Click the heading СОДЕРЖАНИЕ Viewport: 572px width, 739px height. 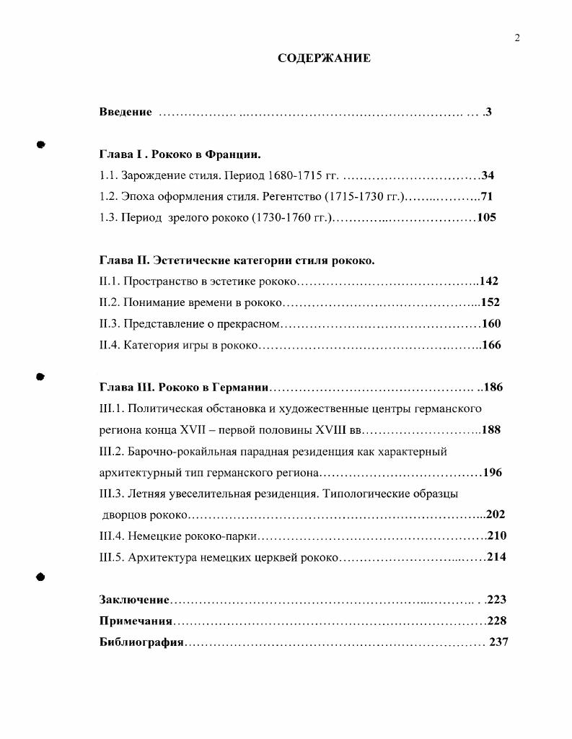pos(324,58)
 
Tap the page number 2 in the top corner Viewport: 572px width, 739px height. pos(517,38)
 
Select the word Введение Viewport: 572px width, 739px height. pos(126,112)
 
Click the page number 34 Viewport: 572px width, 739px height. pos(488,175)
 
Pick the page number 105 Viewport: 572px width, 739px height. pos(487,217)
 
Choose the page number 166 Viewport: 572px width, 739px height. pos(491,345)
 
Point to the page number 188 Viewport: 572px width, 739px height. pos(491,430)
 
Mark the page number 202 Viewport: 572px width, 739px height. pos(496,515)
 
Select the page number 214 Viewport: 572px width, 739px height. pos(496,556)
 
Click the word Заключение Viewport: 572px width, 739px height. pos(134,600)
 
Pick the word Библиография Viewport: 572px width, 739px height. pos(142,642)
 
